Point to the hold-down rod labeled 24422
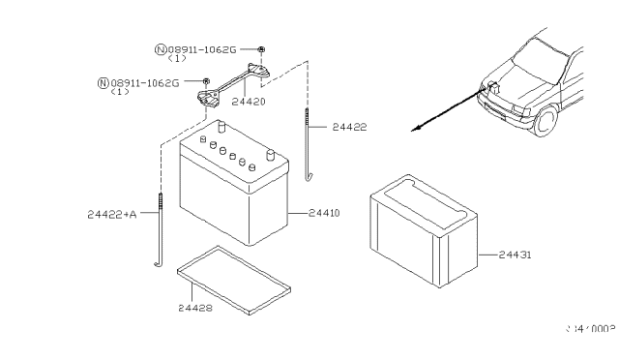pyautogui.click(x=308, y=145)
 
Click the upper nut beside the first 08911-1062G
pyautogui.click(x=264, y=48)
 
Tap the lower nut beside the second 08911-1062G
pyautogui.click(x=206, y=81)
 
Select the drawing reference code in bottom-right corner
pyautogui.click(x=589, y=330)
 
